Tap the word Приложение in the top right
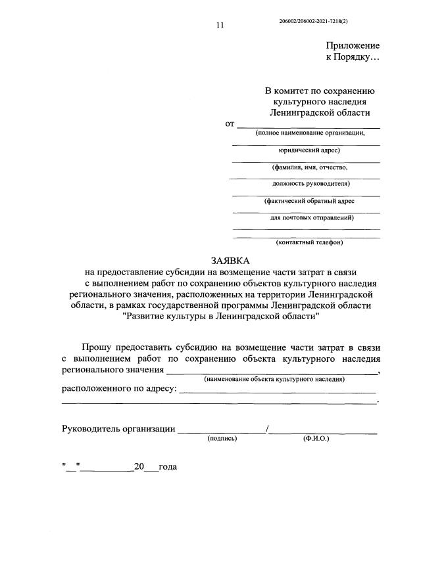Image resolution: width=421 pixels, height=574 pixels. point(353,45)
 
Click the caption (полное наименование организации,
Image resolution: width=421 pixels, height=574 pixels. point(308,133)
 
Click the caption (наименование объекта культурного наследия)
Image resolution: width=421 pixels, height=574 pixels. point(274,380)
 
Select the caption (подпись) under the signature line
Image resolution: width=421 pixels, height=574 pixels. point(222,437)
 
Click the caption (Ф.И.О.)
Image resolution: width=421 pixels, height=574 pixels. point(316,437)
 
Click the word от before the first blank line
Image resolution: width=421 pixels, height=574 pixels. point(230,123)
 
